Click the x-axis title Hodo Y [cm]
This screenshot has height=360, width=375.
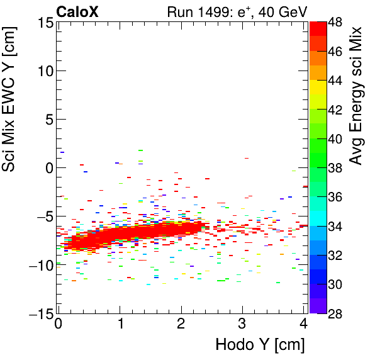(260, 345)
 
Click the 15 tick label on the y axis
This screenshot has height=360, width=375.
(44, 23)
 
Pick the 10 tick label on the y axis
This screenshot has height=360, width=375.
(44, 71)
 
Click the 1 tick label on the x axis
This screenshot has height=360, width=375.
(120, 324)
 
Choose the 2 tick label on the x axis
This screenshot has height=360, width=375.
(181, 324)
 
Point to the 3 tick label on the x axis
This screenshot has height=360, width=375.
(242, 324)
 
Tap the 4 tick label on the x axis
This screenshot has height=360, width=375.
(303, 324)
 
